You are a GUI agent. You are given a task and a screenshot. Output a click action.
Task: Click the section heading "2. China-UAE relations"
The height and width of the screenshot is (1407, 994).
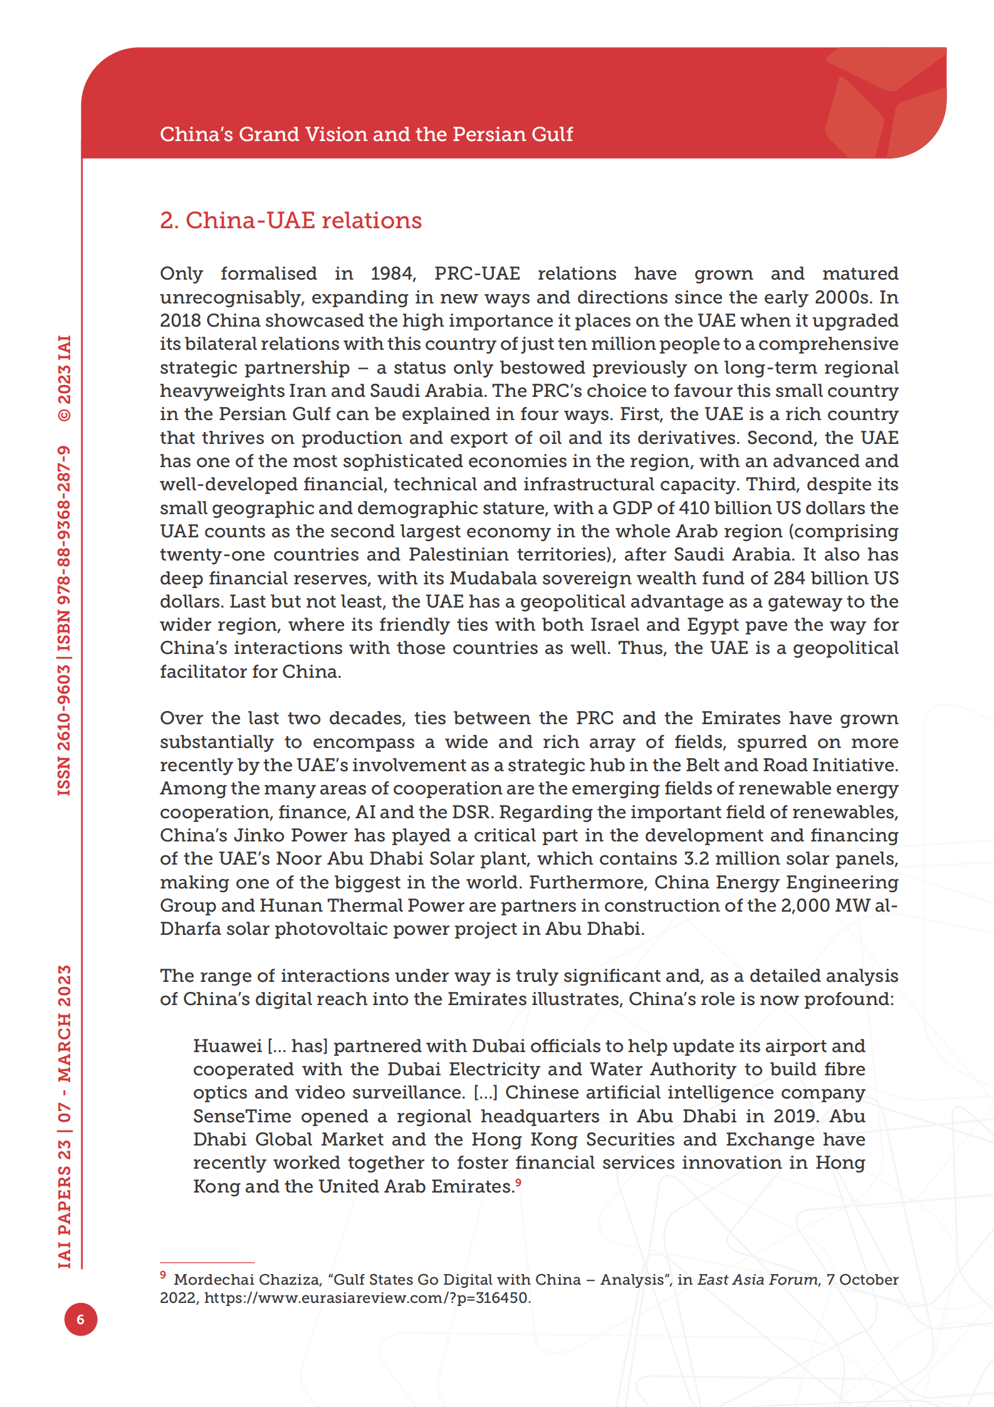tap(290, 221)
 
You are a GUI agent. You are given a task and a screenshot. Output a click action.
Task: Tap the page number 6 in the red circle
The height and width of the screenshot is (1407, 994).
tap(81, 1319)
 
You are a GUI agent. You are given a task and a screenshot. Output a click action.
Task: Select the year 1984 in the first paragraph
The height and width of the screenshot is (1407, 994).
tap(391, 274)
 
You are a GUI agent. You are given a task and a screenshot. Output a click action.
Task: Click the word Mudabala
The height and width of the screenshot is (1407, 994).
tap(502, 578)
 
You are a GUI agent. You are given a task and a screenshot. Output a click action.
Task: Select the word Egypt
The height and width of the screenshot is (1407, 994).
tap(716, 625)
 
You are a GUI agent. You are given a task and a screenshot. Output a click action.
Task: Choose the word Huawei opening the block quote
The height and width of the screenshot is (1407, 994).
tap(227, 1046)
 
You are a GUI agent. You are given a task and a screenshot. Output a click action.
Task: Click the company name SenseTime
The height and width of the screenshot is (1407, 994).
tap(242, 1117)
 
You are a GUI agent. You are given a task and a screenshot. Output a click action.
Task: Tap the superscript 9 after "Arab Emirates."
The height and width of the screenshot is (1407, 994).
tap(518, 1183)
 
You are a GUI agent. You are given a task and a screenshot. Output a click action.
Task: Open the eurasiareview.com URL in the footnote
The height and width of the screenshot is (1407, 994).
tap(367, 1298)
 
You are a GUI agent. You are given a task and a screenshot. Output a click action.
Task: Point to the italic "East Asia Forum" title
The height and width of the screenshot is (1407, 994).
tap(757, 1280)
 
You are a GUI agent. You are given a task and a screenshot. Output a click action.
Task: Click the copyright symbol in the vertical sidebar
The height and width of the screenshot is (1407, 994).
tap(65, 414)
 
